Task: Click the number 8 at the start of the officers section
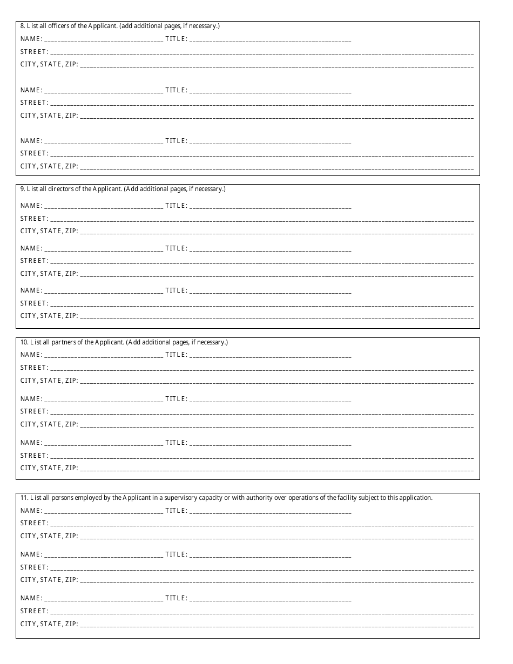point(22,26)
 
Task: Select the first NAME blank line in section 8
point(104,40)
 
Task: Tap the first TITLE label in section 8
point(176,39)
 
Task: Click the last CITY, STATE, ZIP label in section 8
point(49,166)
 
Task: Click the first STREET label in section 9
point(34,219)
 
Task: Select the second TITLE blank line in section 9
point(270,249)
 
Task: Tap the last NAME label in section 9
point(31,290)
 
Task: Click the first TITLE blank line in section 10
point(270,356)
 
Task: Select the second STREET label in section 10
point(34,411)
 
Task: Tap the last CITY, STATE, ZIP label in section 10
point(49,468)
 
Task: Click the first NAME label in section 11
point(31,511)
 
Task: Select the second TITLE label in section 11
point(176,554)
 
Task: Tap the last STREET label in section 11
point(34,611)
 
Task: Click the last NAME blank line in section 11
point(104,599)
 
